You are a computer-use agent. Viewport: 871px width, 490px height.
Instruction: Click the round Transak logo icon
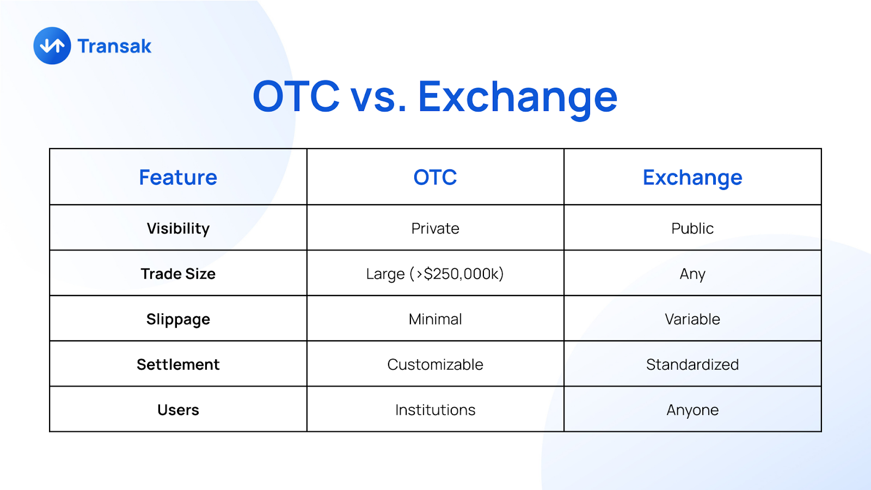pos(52,46)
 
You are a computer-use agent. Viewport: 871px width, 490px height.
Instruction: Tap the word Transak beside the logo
pos(114,46)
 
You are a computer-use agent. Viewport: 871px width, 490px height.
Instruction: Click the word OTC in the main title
pos(296,96)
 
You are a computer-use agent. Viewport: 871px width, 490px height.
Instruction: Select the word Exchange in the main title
pos(518,99)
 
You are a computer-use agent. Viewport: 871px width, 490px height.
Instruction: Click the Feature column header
pos(178,177)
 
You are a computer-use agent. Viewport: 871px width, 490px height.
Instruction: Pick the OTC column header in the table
pos(435,177)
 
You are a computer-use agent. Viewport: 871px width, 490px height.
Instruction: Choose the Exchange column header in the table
pos(692,178)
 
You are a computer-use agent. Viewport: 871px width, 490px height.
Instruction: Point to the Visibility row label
pos(178,229)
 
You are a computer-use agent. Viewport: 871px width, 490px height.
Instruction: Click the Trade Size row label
pos(178,274)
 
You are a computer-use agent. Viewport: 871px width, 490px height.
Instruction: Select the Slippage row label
pos(178,320)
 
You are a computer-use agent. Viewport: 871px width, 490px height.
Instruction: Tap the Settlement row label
pos(178,365)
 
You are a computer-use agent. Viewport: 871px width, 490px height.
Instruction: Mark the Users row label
pos(178,410)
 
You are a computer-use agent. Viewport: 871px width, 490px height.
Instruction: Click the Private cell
pos(435,228)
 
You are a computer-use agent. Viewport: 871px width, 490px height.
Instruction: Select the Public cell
pos(692,228)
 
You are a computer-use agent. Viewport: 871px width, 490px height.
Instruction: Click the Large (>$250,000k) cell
pos(435,274)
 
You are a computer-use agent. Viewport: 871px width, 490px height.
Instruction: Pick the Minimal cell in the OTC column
pos(435,319)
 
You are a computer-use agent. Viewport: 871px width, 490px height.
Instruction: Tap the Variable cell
pos(692,319)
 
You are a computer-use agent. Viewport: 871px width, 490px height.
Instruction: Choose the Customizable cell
pos(435,365)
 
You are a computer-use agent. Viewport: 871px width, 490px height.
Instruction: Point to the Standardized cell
pos(692,365)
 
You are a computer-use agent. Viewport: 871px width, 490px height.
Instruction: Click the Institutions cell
pos(435,410)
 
